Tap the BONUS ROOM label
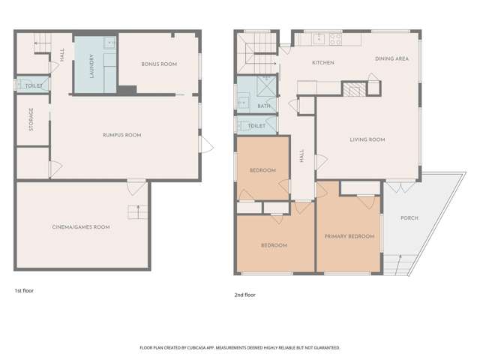tap(159, 64)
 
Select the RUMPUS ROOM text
tap(122, 135)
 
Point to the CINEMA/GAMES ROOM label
tap(81, 226)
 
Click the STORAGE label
tap(31, 119)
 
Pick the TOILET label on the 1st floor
tap(34, 86)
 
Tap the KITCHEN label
tap(323, 62)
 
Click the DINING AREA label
tap(391, 58)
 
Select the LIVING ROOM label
tap(367, 139)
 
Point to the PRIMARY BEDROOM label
tap(349, 236)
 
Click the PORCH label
tap(409, 218)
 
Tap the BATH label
tap(264, 106)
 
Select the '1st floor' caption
tap(24, 289)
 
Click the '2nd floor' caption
tap(245, 295)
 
